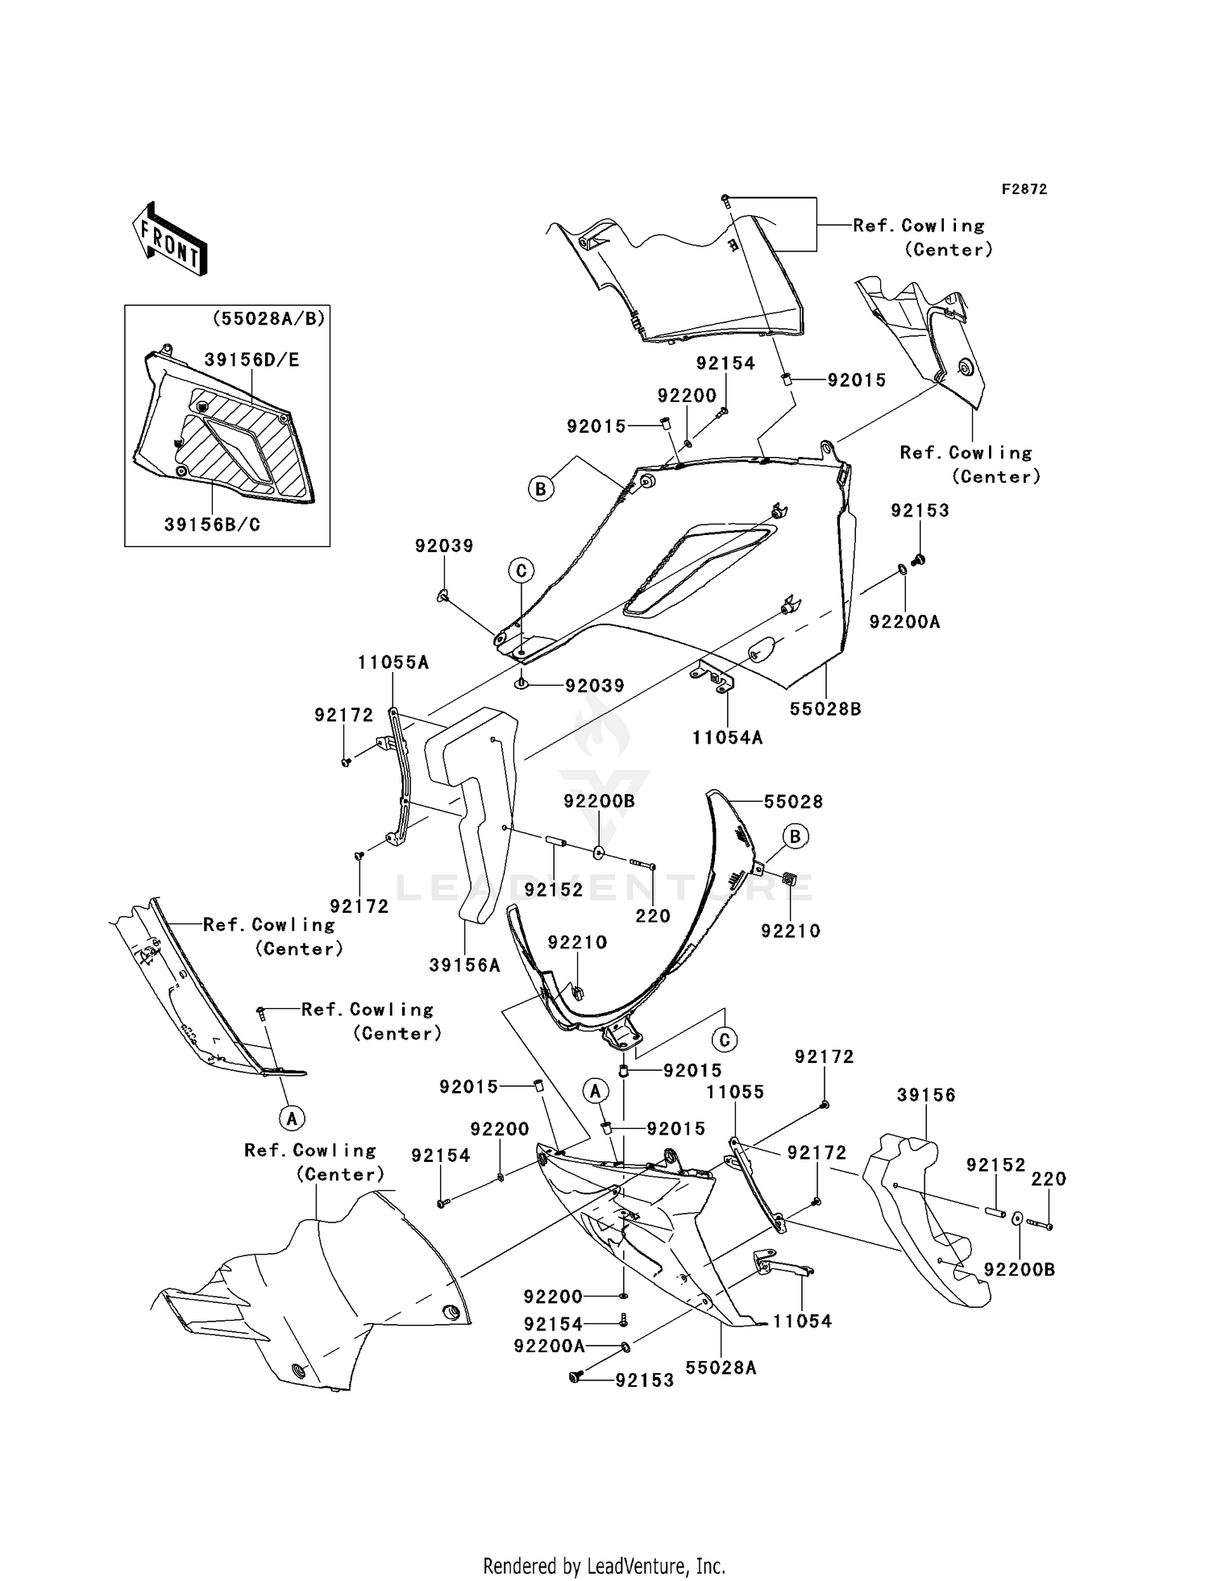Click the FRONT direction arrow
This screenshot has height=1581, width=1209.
[170, 239]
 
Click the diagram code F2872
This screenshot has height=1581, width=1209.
[1024, 189]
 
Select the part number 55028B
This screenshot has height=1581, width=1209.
[825, 708]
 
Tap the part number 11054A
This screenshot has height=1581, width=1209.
[727, 737]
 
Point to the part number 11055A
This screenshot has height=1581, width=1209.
[393, 662]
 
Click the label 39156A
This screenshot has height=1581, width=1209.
[464, 965]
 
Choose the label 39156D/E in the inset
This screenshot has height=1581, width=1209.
[251, 360]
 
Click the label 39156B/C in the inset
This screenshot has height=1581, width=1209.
[212, 525]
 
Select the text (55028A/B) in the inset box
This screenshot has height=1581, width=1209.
[268, 319]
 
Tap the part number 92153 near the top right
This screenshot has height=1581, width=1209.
[920, 510]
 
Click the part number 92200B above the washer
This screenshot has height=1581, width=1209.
[599, 801]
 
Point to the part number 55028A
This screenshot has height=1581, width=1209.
[721, 1367]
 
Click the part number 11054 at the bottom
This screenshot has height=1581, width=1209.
[802, 1321]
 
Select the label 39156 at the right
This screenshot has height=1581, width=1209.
[926, 1094]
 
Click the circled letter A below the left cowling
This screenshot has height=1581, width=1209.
[292, 1118]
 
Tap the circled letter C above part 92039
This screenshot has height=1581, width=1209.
[521, 571]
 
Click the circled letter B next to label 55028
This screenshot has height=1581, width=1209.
[796, 836]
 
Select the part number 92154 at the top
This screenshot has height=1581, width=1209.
[725, 363]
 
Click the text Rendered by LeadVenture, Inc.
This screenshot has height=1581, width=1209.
[604, 1542]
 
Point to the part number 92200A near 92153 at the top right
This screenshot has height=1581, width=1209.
[904, 622]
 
